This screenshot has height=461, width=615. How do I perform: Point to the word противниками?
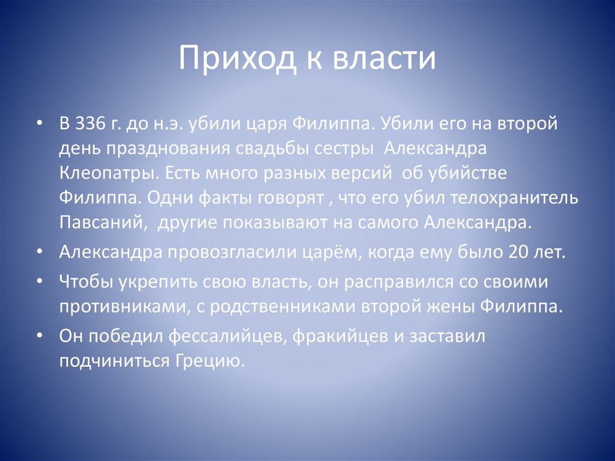pos(120,306)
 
